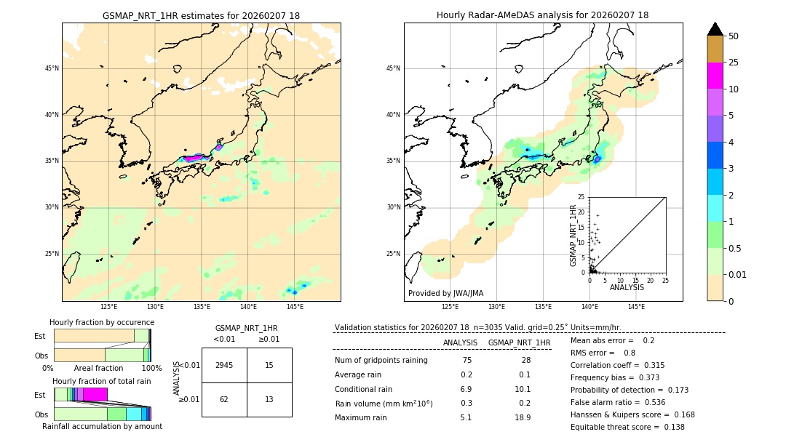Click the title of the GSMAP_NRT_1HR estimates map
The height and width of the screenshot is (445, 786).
pos(201,15)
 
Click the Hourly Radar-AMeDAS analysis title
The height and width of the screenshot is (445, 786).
pos(542,15)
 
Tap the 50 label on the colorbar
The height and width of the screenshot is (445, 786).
pos(734,36)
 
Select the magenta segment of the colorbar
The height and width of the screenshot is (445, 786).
pos(715,76)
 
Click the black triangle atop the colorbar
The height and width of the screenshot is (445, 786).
pos(715,29)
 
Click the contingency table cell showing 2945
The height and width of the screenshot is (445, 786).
pos(224,365)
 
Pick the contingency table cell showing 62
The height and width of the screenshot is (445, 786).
pos(224,399)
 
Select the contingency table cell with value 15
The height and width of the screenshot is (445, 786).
pos(269,365)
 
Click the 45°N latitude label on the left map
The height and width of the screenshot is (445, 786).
pos(52,68)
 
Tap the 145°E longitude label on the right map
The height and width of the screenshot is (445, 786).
pos(636,307)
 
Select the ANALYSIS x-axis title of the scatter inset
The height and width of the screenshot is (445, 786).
pos(627,287)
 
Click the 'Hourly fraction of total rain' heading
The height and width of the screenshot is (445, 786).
pos(101,381)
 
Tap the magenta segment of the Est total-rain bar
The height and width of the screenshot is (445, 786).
pos(95,394)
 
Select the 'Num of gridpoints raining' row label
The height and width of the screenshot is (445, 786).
pos(381,361)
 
